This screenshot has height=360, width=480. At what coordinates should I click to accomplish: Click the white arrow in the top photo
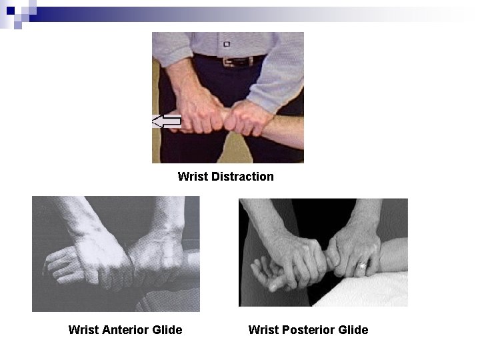(166, 121)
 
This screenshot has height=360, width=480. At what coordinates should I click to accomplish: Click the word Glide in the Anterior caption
(167, 329)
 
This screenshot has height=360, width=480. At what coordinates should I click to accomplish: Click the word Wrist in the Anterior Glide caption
(83, 329)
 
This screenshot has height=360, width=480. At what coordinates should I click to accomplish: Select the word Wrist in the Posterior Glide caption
(263, 329)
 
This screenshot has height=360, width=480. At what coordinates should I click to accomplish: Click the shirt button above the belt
(227, 44)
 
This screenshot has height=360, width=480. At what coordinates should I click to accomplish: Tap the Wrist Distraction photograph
(228, 97)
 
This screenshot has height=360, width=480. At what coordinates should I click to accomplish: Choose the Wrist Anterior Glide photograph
(115, 254)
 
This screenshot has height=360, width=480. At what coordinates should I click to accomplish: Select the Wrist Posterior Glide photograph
(323, 252)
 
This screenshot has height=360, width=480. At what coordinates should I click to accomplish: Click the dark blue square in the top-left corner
(10, 10)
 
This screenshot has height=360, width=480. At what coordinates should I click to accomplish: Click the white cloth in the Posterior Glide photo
(373, 293)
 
